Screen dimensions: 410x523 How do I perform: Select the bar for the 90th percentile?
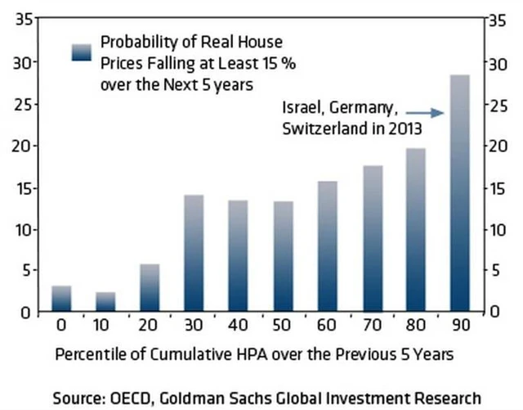tap(460, 193)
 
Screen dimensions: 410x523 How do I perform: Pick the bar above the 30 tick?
tap(194, 253)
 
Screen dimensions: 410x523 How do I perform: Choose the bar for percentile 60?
tap(327, 246)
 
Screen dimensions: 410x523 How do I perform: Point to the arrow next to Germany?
tap(424, 112)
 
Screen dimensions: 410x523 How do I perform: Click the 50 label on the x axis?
tap(284, 327)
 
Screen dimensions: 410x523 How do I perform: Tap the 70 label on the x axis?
tap(372, 327)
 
